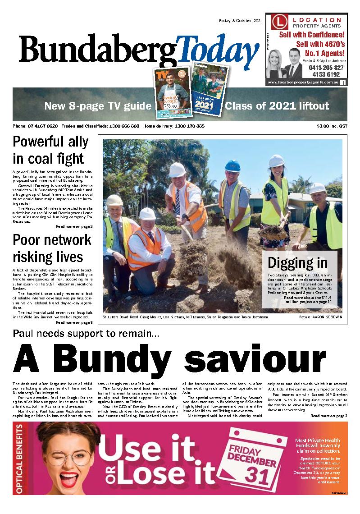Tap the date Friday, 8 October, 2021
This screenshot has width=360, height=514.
click(x=241, y=20)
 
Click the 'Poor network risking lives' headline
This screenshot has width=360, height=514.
click(x=52, y=248)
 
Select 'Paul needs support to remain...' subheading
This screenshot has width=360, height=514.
click(x=86, y=334)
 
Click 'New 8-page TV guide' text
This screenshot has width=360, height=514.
click(x=97, y=107)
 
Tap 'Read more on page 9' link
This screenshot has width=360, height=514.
click(x=74, y=322)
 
